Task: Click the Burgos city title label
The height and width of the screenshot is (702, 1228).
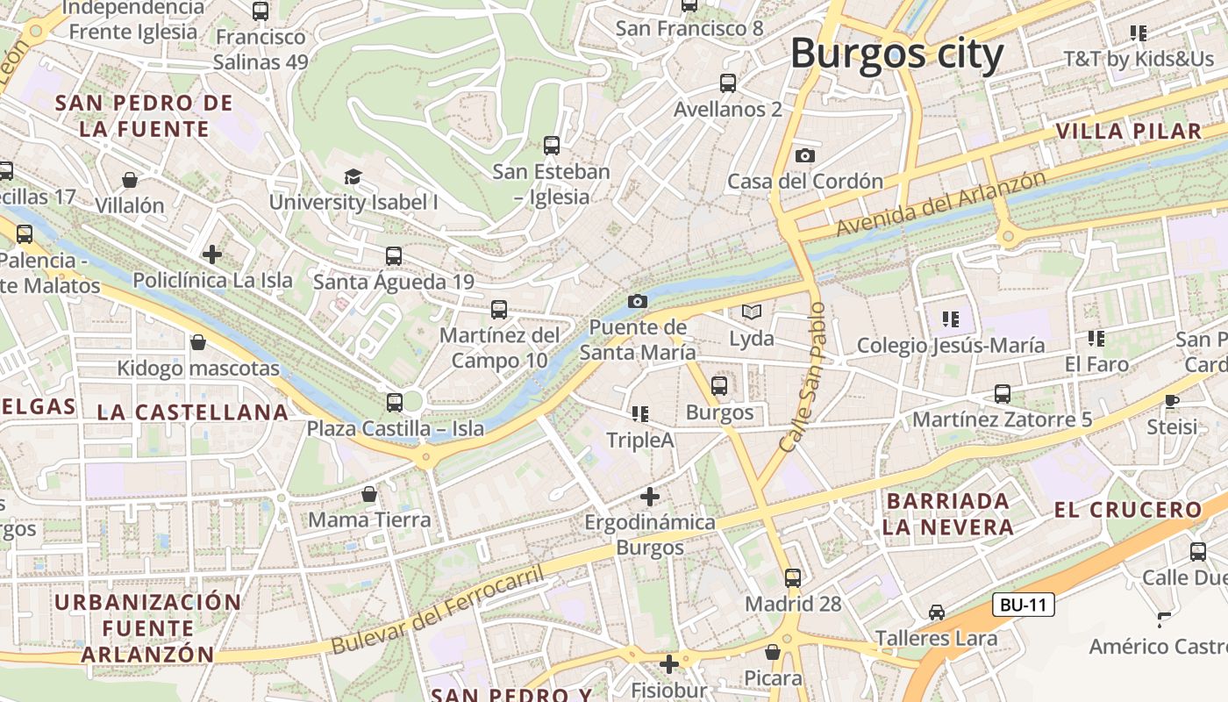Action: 896,54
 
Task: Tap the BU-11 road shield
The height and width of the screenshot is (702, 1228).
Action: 1024,605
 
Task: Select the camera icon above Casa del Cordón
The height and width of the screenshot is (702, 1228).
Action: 804,156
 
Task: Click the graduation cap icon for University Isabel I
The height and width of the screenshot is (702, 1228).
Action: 353,176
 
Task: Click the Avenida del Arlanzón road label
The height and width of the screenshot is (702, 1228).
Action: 941,204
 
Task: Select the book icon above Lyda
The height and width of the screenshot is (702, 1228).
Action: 752,312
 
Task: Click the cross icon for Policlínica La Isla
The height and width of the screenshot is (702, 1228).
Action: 212,255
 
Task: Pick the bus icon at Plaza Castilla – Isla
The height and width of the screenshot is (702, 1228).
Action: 395,403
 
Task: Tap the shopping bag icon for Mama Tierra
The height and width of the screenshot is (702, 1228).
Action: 369,495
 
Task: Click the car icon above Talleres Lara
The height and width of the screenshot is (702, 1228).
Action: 937,612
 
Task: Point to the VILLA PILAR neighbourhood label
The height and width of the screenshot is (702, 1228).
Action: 1128,132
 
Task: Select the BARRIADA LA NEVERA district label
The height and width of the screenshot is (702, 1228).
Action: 948,514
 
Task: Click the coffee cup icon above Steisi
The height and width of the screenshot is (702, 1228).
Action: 1172,401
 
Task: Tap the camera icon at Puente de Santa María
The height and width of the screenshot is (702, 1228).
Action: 638,302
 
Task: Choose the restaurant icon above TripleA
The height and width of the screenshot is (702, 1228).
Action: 640,414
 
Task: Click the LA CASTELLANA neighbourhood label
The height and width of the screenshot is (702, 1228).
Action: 192,412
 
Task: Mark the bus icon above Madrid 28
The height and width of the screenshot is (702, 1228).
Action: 793,578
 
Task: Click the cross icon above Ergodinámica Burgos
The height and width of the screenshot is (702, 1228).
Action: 649,497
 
